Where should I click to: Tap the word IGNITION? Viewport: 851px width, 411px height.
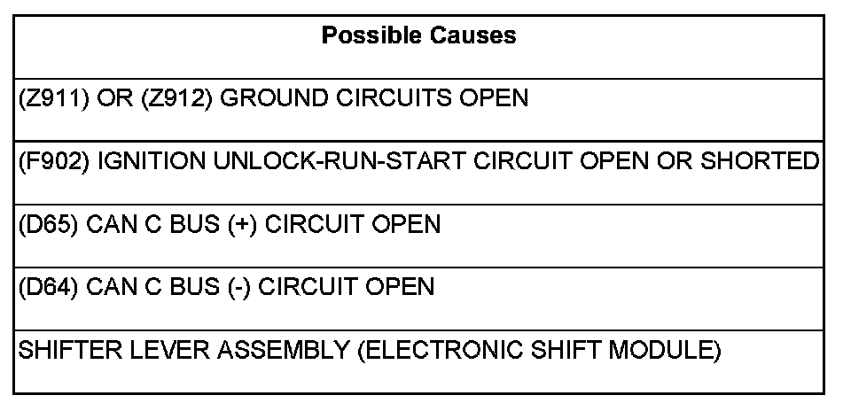tap(144, 161)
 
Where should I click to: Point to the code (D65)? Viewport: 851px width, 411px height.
tap(47, 224)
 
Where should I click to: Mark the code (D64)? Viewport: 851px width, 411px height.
tap(47, 287)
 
